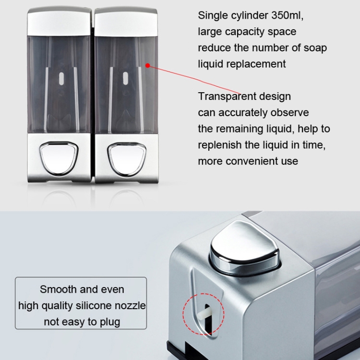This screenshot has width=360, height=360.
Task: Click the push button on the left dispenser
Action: click(59, 158)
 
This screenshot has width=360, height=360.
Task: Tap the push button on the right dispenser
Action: click(127, 159)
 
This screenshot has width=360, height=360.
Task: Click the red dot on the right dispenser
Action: click(148, 66)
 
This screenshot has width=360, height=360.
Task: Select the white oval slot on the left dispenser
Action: click(61, 79)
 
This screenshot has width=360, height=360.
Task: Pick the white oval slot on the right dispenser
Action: click(125, 78)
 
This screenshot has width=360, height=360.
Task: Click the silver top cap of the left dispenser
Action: click(59, 21)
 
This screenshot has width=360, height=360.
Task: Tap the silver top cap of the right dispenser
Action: click(126, 22)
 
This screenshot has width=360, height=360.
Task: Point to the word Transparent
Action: click(227, 96)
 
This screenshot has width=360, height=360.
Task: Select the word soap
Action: click(315, 48)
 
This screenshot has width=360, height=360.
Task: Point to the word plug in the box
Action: click(110, 322)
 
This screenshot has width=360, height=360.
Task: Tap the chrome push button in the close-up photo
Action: click(244, 247)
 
